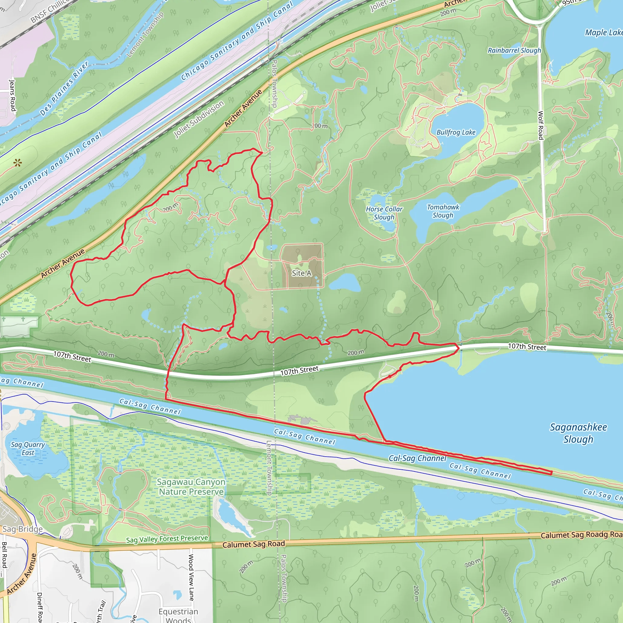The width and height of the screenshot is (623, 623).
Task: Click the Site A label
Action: pyautogui.click(x=301, y=273)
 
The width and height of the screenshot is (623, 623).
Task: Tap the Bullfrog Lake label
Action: pyautogui.click(x=456, y=132)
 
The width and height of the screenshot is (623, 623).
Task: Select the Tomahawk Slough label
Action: pyautogui.click(x=443, y=211)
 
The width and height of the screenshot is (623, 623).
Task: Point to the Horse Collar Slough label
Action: pyautogui.click(x=384, y=213)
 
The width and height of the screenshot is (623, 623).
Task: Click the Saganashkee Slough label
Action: pyautogui.click(x=578, y=433)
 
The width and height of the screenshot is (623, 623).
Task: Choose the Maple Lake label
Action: pyautogui.click(x=603, y=33)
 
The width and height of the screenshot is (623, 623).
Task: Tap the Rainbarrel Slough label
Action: pyautogui.click(x=514, y=50)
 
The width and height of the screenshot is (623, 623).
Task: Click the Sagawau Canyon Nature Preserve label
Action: pyautogui.click(x=191, y=487)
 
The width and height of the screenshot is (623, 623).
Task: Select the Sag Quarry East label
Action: pyautogui.click(x=28, y=449)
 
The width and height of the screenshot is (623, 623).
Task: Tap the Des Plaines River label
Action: pyautogui.click(x=64, y=89)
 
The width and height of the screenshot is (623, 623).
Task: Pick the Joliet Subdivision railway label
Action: pyautogui.click(x=199, y=119)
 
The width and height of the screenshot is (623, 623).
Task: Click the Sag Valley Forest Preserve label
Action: pyautogui.click(x=167, y=539)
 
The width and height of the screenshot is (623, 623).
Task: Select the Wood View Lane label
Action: pyautogui.click(x=191, y=577)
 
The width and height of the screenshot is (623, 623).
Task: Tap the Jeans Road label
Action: pyautogui.click(x=12, y=96)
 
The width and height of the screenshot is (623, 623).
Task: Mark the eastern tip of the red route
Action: pyautogui.click(x=552, y=473)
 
